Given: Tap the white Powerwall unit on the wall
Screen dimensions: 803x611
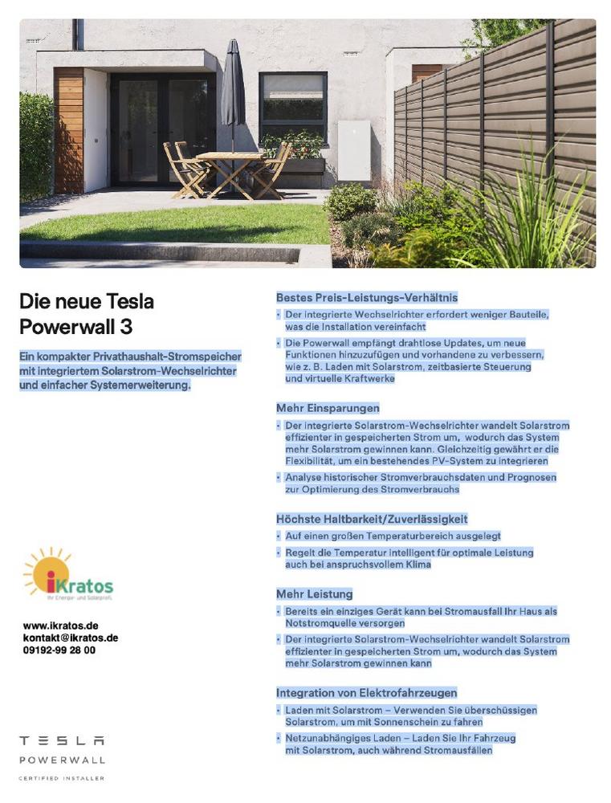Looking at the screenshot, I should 353,149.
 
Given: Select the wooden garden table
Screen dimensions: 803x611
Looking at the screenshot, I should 229,156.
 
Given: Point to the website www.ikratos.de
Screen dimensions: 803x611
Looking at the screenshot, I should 61,626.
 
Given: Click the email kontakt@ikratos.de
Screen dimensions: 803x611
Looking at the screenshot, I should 71,638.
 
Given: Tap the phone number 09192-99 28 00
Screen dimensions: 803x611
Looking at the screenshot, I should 59,650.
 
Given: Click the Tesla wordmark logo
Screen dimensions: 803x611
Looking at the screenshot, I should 62,740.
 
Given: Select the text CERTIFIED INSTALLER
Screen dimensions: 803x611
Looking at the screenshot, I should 62,778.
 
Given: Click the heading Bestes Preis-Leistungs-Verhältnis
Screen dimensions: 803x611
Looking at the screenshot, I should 367,298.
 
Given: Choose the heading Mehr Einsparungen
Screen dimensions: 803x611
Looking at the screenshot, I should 328,408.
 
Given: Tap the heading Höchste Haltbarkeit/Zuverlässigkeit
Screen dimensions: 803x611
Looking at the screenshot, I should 372,519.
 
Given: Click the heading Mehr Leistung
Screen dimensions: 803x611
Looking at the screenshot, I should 315,594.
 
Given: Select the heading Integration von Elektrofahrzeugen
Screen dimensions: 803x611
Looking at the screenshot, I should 367,692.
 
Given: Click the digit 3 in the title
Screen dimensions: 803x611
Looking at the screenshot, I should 127,328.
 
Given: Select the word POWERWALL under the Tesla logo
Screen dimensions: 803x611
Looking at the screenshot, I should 62,760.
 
